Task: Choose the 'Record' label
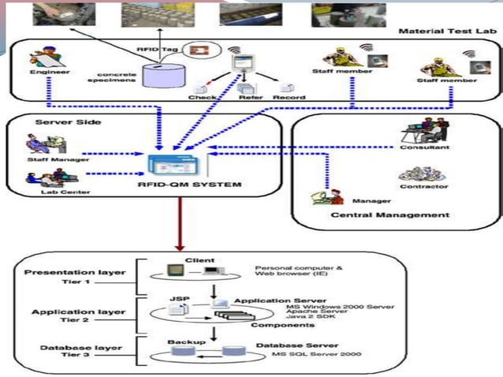click(289, 97)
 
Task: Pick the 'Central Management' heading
click(389, 215)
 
